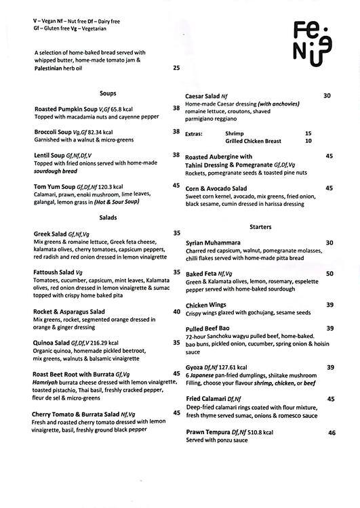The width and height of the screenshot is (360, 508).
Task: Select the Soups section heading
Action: [x=106, y=93]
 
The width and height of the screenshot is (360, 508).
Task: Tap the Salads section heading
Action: [x=108, y=217]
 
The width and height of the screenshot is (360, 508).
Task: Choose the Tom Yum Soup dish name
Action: [x=55, y=185]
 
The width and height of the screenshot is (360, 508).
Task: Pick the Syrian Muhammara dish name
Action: [x=213, y=242]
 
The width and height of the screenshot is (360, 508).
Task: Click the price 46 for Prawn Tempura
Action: [x=332, y=432]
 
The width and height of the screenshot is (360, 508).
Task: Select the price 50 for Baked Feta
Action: [x=329, y=274]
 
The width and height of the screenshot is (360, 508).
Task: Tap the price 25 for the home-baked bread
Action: [x=176, y=68]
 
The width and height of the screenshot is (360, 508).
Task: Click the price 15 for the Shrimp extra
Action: [x=308, y=133]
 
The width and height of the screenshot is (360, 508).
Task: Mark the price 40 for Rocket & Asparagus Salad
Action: [x=176, y=312]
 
